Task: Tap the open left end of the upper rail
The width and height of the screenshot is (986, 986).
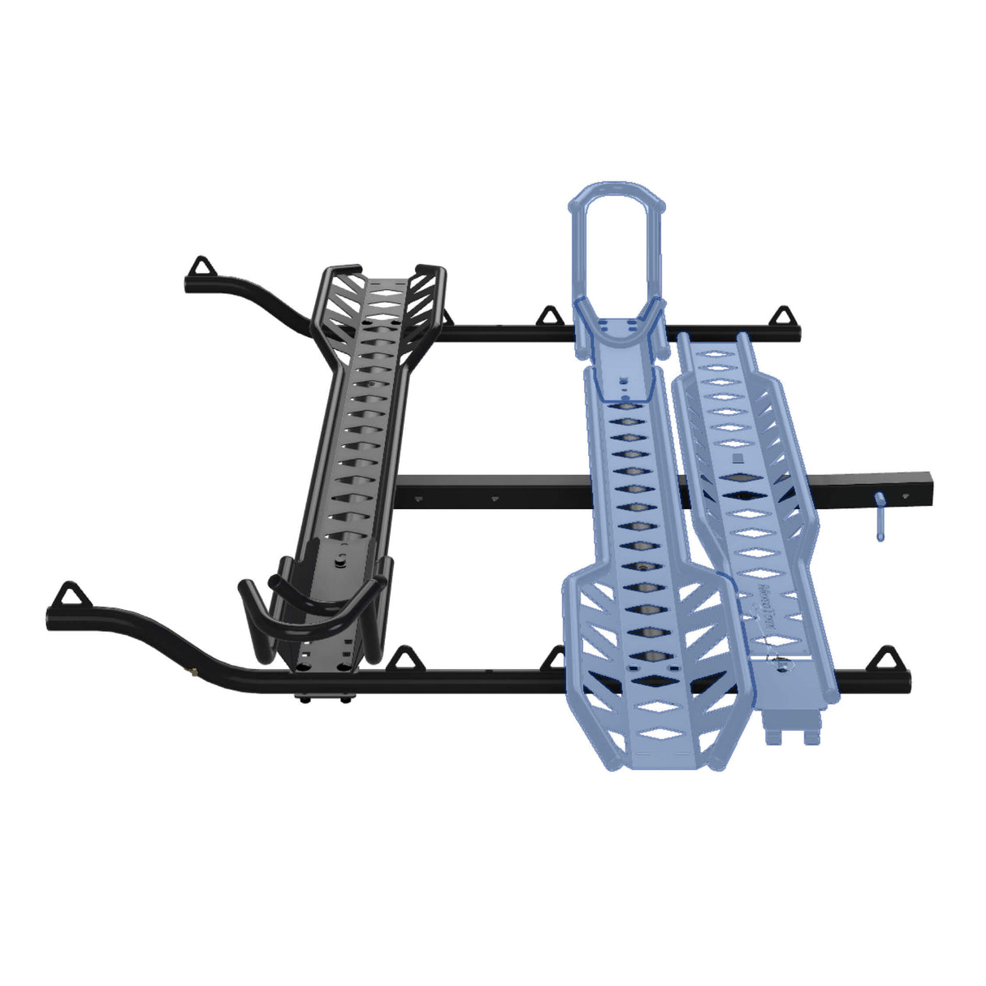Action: pos(188,285)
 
